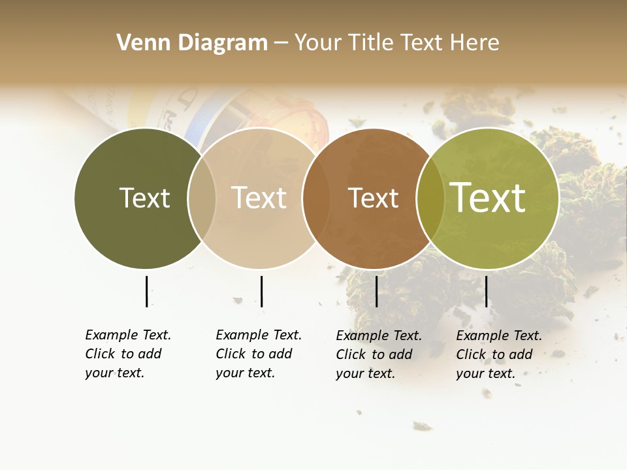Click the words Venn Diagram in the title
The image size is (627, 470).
coord(192,43)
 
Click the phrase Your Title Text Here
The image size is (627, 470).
coord(396,43)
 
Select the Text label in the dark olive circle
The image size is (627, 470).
coord(144,198)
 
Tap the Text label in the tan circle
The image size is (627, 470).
coord(259,198)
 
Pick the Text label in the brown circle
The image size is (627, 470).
coord(373,198)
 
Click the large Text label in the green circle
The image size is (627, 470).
coord(488,198)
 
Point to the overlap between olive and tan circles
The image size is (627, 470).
coord(202,198)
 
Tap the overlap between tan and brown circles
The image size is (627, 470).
coord(314,198)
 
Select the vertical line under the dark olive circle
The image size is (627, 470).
coord(146,291)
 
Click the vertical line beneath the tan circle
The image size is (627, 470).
coord(261,291)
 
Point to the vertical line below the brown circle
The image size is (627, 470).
coord(376,291)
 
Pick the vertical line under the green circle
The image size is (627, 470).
coord(486,291)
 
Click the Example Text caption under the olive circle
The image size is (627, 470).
coord(127,354)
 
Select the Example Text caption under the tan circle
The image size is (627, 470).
coord(258,354)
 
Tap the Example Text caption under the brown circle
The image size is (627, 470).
coord(378,354)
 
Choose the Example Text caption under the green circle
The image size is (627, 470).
coord(498,354)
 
